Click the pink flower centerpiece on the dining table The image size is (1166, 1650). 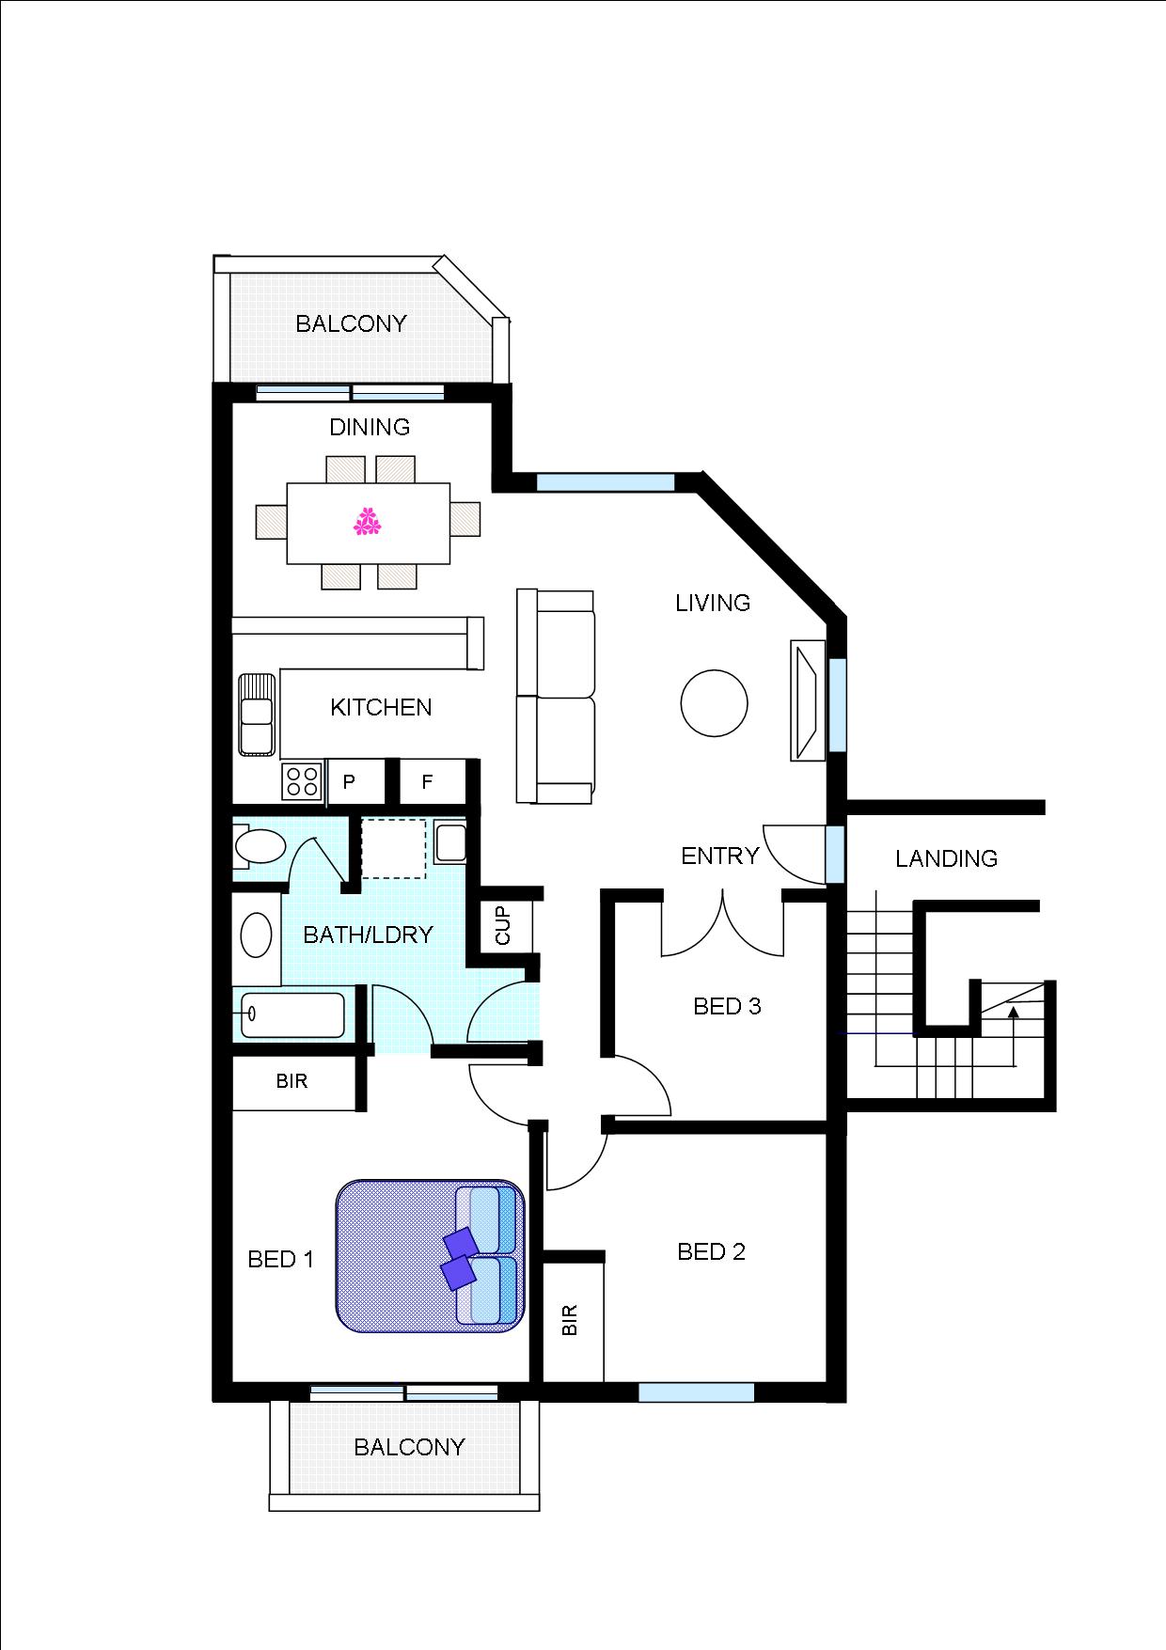coord(367,522)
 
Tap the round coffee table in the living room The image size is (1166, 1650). coord(714,702)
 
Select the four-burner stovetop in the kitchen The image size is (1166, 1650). coord(302,780)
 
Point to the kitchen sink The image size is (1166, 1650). coord(256,714)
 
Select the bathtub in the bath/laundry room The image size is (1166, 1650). coord(292,1014)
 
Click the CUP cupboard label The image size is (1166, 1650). coord(503,926)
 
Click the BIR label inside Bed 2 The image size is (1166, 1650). coord(570,1321)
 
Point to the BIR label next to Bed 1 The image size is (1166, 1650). coord(291,1081)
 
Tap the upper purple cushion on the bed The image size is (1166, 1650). coord(462,1243)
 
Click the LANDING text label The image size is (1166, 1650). coord(946,858)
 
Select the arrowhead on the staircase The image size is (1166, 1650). coord(1014,1013)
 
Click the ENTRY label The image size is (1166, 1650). coord(719,856)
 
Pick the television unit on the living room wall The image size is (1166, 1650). coord(807,700)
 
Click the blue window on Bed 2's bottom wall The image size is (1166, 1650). coord(696,1392)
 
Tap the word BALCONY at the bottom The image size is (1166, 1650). coord(409,1447)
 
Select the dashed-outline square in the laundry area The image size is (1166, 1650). coord(393,848)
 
